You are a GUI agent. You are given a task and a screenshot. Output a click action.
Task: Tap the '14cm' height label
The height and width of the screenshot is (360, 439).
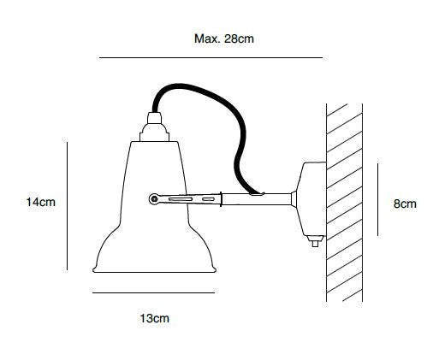40,203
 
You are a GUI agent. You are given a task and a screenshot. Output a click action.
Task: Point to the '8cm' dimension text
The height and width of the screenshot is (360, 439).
405,204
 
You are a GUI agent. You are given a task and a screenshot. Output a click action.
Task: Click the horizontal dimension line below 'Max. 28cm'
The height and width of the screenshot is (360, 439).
211,57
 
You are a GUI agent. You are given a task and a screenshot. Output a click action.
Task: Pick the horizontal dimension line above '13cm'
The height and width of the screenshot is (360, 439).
152,292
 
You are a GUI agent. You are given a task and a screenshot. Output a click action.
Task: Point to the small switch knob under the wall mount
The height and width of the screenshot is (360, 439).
315,243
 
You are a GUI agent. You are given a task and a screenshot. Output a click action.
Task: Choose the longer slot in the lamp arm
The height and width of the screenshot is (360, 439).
176,199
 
